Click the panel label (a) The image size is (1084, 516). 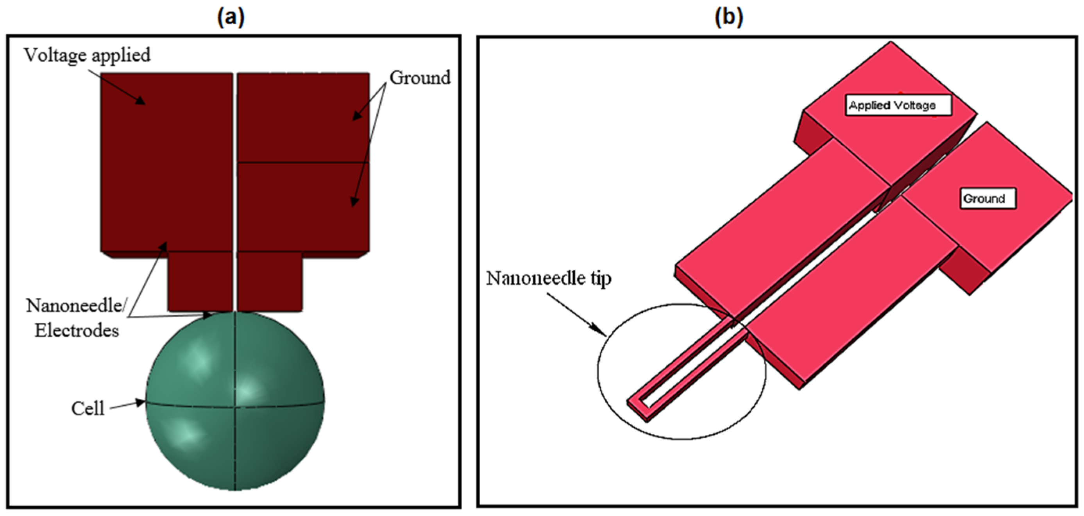pyautogui.click(x=231, y=18)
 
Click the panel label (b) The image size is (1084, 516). pyautogui.click(x=729, y=18)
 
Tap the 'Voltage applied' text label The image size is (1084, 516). pyautogui.click(x=87, y=55)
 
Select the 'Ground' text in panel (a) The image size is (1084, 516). pyautogui.click(x=420, y=78)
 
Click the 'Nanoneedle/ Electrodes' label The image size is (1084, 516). pyautogui.click(x=76, y=318)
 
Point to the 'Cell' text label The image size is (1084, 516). pyautogui.click(x=88, y=408)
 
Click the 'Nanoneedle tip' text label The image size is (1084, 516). pyautogui.click(x=549, y=278)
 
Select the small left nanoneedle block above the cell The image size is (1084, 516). pyautogui.click(x=200, y=281)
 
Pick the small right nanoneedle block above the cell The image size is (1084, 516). pyautogui.click(x=270, y=281)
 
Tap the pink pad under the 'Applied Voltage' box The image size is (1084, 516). pyautogui.click(x=888, y=139)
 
